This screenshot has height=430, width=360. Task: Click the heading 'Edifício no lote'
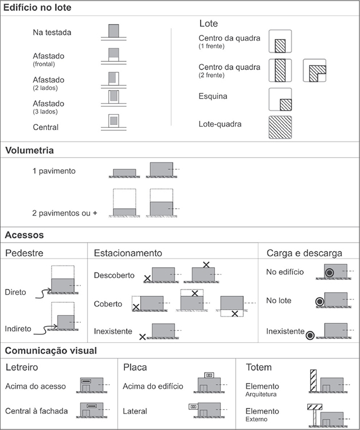[x=37, y=8]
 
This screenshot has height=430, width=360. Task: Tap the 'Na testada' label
[x=52, y=33]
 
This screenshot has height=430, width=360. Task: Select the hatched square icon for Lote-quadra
[x=280, y=128]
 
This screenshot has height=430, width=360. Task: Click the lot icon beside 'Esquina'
[x=280, y=100]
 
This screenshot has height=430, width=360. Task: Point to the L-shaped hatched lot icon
[x=314, y=71]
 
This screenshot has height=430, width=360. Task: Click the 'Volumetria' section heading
[x=30, y=151]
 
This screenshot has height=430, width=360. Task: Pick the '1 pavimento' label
[x=54, y=171]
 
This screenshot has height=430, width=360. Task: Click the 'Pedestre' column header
[x=25, y=253]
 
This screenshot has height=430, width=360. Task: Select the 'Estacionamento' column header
[x=128, y=253]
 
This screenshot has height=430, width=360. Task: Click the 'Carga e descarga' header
[x=304, y=253]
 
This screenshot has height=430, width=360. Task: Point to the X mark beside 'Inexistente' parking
[x=142, y=337]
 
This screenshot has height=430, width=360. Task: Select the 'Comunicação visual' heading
[x=51, y=350]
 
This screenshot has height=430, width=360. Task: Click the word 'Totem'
[x=259, y=367]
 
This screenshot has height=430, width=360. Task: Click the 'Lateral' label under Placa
[x=135, y=411]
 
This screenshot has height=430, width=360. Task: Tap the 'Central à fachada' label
[x=37, y=411]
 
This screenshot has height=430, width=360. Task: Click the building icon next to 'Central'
[x=114, y=122]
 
